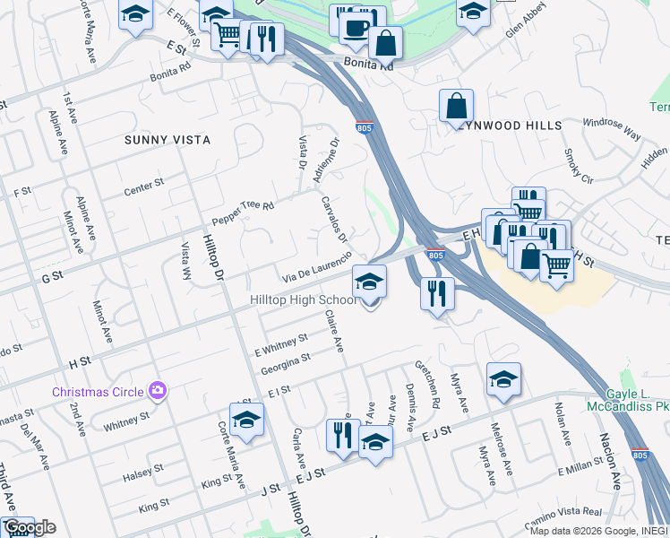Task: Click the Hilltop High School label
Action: click(302, 299)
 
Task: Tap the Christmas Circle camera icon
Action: click(159, 390)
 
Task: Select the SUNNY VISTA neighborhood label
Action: click(167, 140)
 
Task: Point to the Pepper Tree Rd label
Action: click(242, 213)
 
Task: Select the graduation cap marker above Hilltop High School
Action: click(369, 282)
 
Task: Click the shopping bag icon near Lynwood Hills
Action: click(456, 105)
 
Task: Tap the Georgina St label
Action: click(286, 363)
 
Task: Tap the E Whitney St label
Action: click(281, 343)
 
